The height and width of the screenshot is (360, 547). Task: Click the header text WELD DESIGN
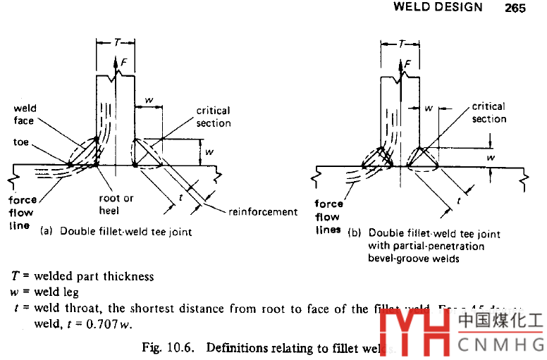click(x=438, y=8)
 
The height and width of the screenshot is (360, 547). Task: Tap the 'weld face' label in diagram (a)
click(x=25, y=115)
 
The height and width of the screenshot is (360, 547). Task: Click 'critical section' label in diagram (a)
click(x=214, y=117)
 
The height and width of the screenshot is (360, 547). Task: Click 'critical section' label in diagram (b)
click(x=489, y=113)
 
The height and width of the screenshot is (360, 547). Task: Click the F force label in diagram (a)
click(x=124, y=64)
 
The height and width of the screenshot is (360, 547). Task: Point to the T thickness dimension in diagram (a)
click(x=116, y=43)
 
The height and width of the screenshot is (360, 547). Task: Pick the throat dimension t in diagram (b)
click(x=459, y=201)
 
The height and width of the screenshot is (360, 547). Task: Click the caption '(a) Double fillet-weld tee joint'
click(x=116, y=231)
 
